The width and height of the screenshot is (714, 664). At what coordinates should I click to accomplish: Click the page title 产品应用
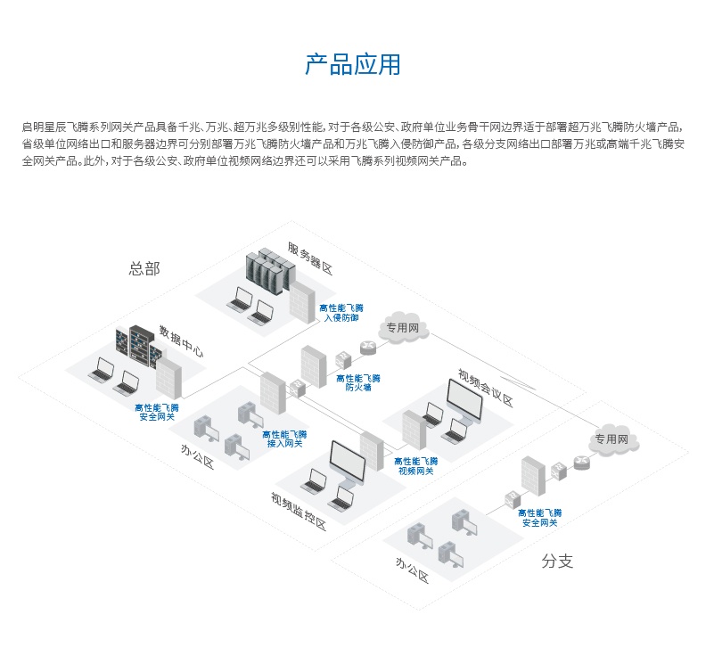click(x=353, y=65)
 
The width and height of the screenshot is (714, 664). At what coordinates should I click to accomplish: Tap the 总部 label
click(x=144, y=268)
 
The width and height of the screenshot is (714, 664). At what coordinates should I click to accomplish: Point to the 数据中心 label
click(x=181, y=340)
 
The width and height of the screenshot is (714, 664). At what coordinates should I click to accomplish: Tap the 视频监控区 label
click(x=299, y=511)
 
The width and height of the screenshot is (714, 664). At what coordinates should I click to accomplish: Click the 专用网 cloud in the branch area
click(x=611, y=439)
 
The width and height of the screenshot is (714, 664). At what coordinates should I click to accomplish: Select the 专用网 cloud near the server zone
click(x=404, y=328)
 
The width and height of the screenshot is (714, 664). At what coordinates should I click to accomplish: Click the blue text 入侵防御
click(x=341, y=317)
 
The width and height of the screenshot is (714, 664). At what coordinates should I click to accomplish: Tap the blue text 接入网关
click(x=284, y=443)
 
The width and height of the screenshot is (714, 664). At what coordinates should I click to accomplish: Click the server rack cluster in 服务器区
click(x=270, y=270)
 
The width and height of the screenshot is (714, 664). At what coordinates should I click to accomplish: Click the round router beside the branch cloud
click(x=582, y=463)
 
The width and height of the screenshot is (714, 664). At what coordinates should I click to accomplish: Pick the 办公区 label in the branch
click(x=413, y=570)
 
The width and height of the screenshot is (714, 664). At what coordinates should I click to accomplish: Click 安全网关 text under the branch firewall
click(x=539, y=522)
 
